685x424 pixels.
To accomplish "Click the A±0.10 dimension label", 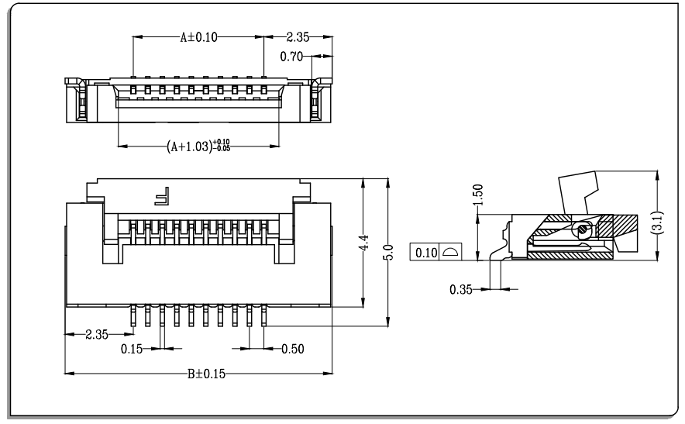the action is [199, 37].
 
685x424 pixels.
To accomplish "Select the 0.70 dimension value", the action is [291, 57].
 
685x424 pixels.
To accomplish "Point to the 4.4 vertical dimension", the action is [364, 243].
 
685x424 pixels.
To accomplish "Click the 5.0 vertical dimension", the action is [388, 252].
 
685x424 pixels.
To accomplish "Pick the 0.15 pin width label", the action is [132, 349].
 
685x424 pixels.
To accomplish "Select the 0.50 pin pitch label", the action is [293, 349].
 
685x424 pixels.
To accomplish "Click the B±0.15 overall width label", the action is [207, 374].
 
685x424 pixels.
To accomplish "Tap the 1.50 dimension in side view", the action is [478, 195].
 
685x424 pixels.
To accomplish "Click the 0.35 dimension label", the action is [461, 289].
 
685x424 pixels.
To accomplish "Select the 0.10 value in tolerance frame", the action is [426, 253].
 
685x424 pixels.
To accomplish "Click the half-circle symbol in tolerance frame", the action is [450, 252].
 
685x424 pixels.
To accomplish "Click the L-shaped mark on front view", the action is [162, 196].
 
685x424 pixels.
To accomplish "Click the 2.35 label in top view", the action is [298, 37].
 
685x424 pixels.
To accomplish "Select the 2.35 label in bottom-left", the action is [97, 334].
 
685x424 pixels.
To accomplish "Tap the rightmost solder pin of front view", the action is [264, 315].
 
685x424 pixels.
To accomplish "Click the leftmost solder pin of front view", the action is [133, 315].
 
